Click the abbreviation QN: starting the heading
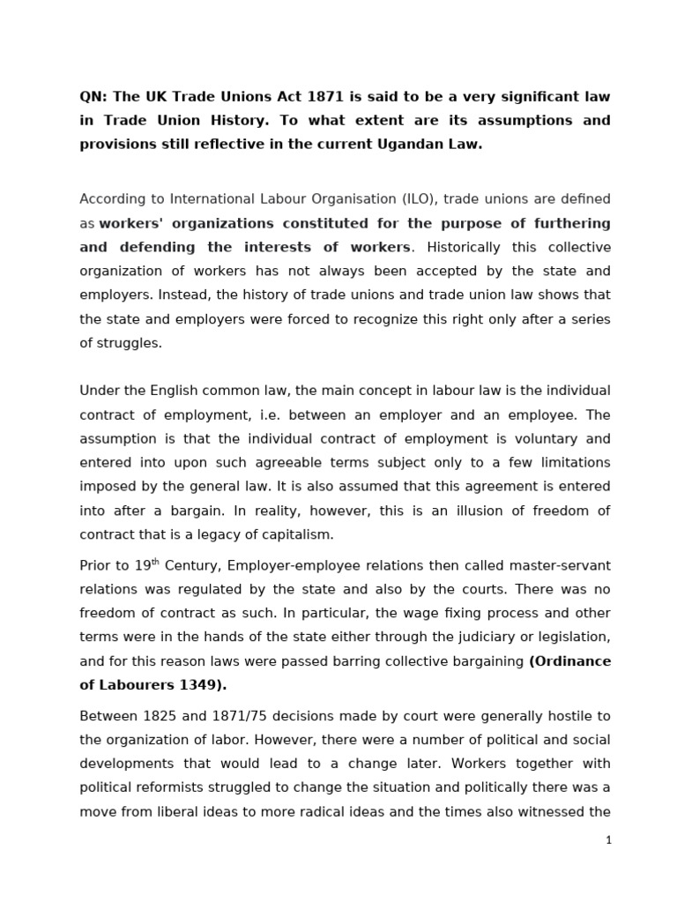[x=93, y=96]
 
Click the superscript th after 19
[x=156, y=562]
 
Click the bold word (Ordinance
[x=569, y=661]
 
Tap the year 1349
[x=190, y=685]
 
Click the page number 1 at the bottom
[x=608, y=840]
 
